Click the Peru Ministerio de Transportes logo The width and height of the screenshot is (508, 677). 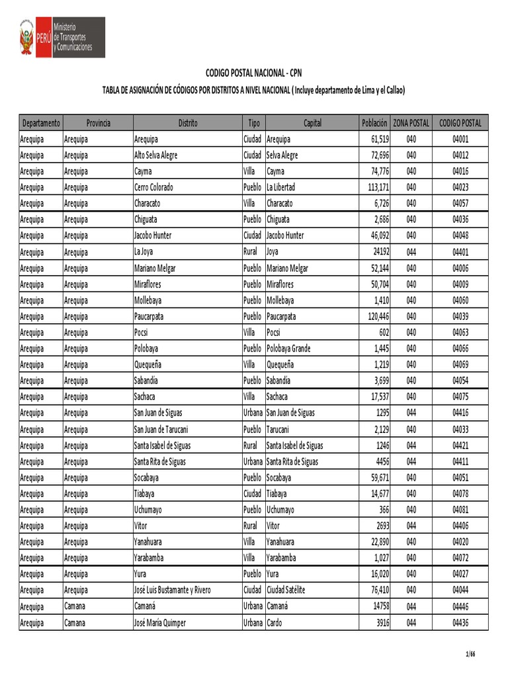pyautogui.click(x=62, y=38)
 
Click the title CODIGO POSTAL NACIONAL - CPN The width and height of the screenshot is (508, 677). pyautogui.click(x=254, y=73)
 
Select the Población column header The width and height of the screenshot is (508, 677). pyautogui.click(x=374, y=123)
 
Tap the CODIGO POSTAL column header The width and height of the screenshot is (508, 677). pyautogui.click(x=460, y=123)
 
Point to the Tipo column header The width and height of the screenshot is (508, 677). pyautogui.click(x=253, y=123)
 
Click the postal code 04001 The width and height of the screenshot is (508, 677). pyautogui.click(x=460, y=139)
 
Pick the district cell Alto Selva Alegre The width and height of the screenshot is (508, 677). pyautogui.click(x=155, y=155)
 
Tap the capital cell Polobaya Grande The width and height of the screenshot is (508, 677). pyautogui.click(x=288, y=348)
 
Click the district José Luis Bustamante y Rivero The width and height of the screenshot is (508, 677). pyautogui.click(x=172, y=590)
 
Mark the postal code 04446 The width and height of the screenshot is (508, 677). pyautogui.click(x=460, y=606)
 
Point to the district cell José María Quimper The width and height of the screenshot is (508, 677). pyautogui.click(x=159, y=623)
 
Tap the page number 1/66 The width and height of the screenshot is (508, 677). pyautogui.click(x=470, y=655)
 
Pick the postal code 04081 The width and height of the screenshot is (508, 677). pyautogui.click(x=460, y=510)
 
